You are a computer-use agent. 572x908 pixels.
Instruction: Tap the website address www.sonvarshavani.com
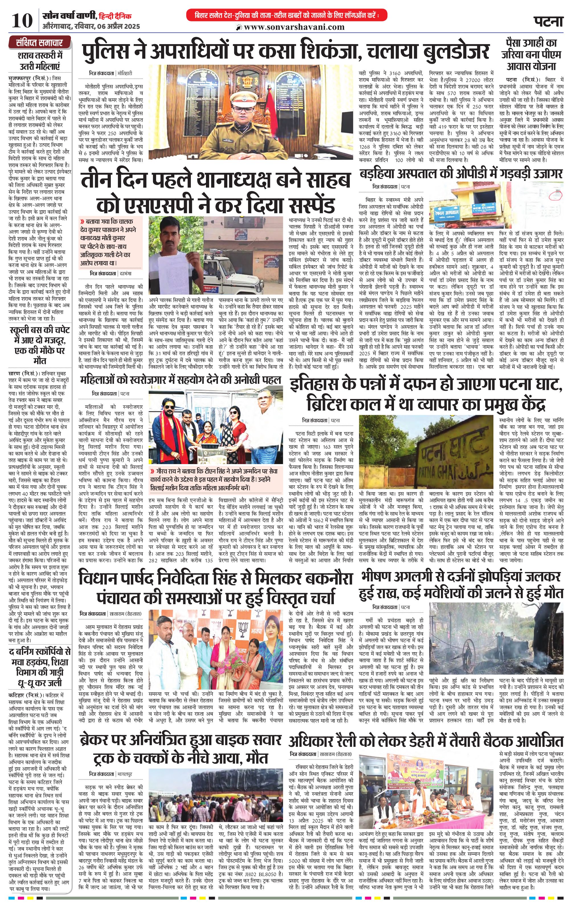click(x=294, y=27)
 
